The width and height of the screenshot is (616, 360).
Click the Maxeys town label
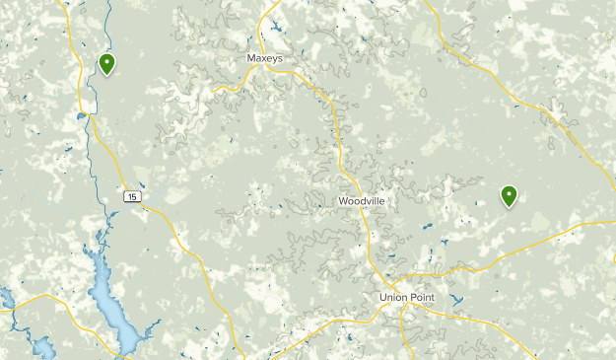(263, 59)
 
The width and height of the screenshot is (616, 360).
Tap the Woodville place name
(361, 201)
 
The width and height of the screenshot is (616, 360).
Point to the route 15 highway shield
(132, 197)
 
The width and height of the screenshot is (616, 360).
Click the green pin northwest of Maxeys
(106, 65)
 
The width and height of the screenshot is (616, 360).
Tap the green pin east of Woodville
(509, 195)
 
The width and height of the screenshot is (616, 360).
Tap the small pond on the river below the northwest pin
(79, 116)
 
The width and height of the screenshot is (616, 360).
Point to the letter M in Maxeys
(250, 59)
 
